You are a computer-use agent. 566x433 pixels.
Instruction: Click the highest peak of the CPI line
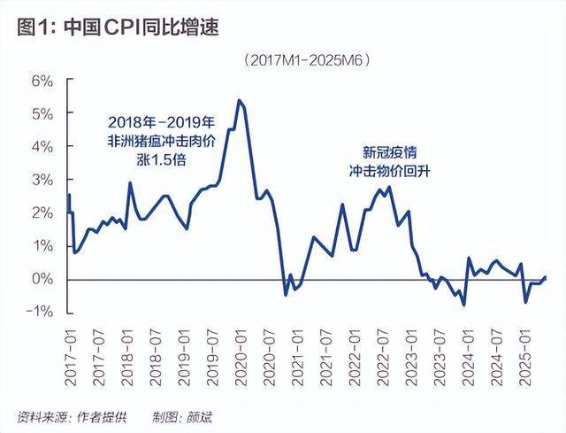[x=240, y=100]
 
